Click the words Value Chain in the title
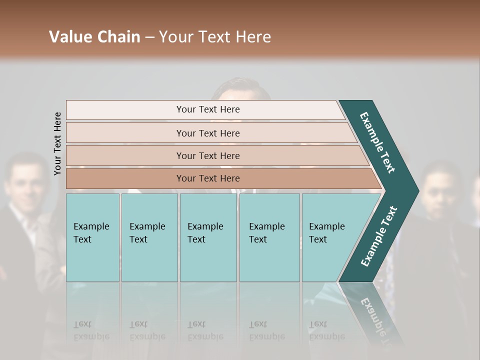coord(94,37)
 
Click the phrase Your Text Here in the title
coord(215,37)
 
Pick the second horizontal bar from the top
coord(207,133)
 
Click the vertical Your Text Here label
coord(57,143)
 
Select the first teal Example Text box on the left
coord(92,237)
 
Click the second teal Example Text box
coord(149,237)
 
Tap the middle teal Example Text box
coord(208,237)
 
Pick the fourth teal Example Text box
coord(269,237)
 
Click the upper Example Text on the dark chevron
coord(377,142)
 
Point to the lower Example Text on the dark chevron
coord(379,236)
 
